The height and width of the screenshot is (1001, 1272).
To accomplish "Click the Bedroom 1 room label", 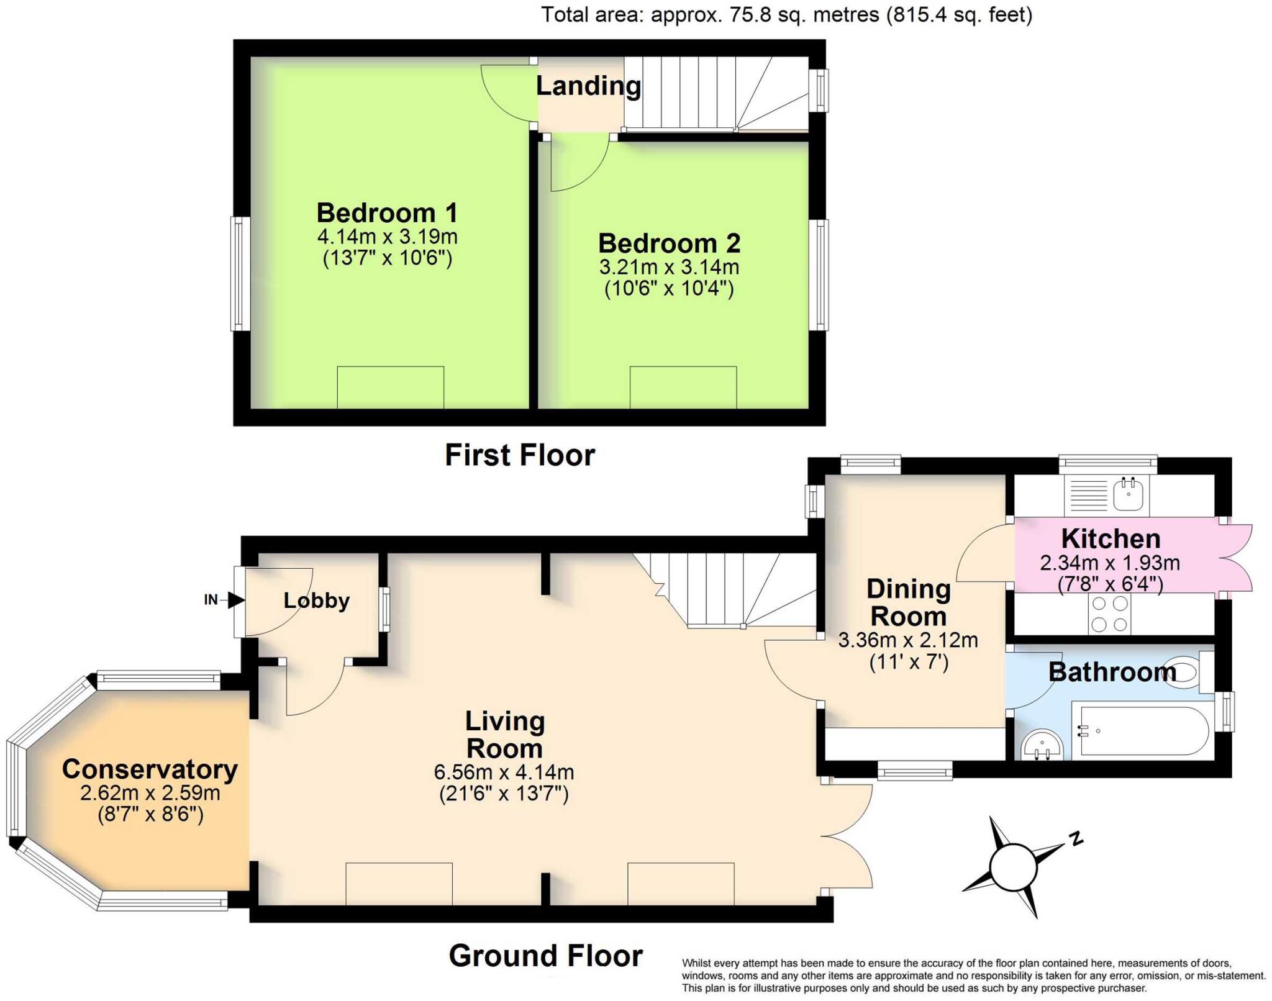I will pyautogui.click(x=387, y=213).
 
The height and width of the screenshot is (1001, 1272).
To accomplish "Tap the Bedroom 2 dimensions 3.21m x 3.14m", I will pyautogui.click(x=669, y=267).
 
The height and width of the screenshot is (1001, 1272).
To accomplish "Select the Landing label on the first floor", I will pyautogui.click(x=588, y=86).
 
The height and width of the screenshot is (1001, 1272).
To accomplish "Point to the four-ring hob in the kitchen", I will pyautogui.click(x=1109, y=614).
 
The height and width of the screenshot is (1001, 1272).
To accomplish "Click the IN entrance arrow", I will pyautogui.click(x=235, y=600).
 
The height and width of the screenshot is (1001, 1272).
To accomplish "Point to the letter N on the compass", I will pyautogui.click(x=1076, y=839).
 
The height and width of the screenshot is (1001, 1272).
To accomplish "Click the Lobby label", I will pyautogui.click(x=316, y=600).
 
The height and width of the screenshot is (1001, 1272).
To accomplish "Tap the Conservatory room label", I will pyautogui.click(x=150, y=769).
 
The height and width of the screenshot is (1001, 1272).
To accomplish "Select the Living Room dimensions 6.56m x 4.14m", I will pyautogui.click(x=504, y=772).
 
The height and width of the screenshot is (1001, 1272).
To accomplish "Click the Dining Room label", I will pyautogui.click(x=908, y=602).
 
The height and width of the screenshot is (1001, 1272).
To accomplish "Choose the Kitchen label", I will pyautogui.click(x=1110, y=538).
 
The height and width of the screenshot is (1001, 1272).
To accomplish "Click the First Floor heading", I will pyautogui.click(x=520, y=455).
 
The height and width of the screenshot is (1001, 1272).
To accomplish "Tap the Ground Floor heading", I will pyautogui.click(x=545, y=956).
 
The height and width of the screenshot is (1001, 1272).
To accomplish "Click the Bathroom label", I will pyautogui.click(x=1112, y=673).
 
